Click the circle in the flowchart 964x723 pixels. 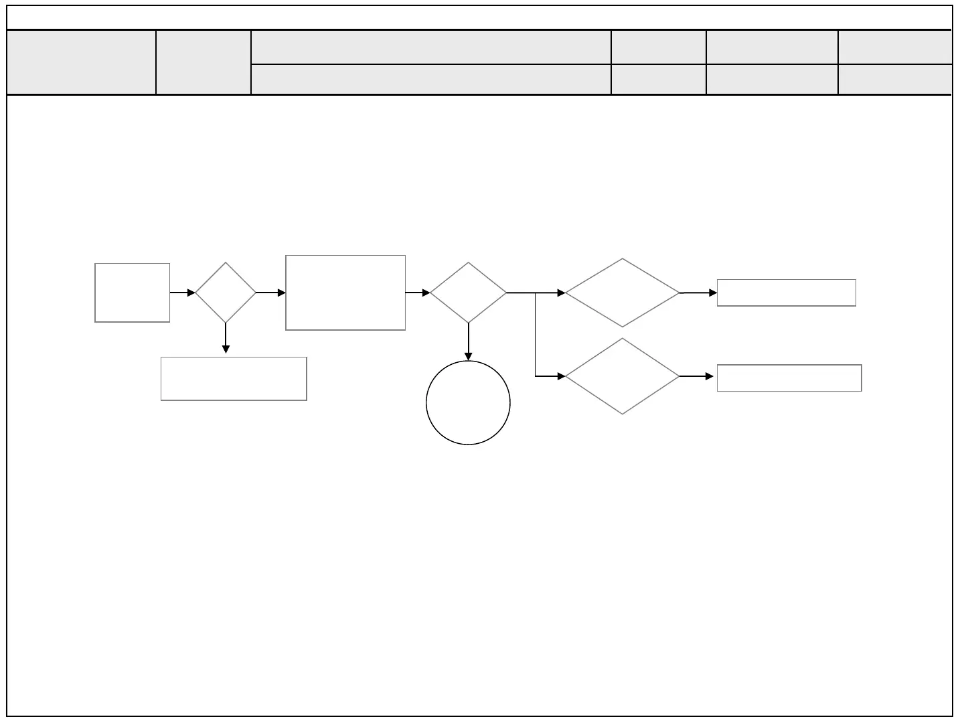coord(468,403)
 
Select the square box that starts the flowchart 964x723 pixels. coord(133,293)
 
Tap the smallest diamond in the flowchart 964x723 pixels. coord(226,293)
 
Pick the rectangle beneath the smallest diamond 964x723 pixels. coord(234,379)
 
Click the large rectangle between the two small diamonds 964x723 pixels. coord(345,293)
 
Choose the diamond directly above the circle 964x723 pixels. coord(468,293)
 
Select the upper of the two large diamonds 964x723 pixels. coord(623,293)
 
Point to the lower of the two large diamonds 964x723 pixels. coord(623,376)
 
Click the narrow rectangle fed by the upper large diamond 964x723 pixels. coord(786,293)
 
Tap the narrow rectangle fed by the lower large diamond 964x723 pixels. coord(789,378)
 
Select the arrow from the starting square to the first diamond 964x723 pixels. coord(182,293)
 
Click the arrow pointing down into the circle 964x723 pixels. coord(468,343)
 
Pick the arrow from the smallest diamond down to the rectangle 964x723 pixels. coord(226,339)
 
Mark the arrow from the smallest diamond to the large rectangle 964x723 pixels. coord(270,293)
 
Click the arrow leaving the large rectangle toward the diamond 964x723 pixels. coord(417,293)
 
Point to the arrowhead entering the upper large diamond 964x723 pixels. coord(561,293)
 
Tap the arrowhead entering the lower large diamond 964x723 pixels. coord(561,376)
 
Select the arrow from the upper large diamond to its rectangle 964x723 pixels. coord(698,293)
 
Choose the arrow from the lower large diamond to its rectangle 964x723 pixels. coord(697,376)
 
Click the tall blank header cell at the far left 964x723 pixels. coord(81,62)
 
